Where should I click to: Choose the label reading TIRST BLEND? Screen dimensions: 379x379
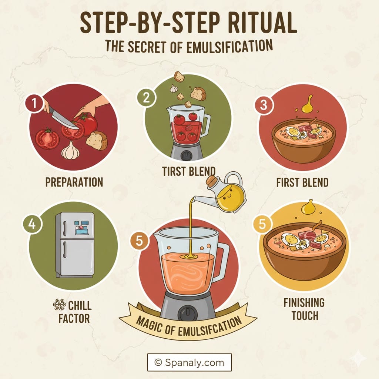click(x=189, y=171)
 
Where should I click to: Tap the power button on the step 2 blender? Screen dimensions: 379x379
click(x=187, y=156)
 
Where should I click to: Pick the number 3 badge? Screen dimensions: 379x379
click(x=264, y=105)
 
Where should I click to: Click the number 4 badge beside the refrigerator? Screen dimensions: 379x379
click(x=33, y=225)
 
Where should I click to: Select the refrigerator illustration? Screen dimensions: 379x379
click(x=75, y=244)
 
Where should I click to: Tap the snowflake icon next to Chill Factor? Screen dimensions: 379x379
click(x=59, y=305)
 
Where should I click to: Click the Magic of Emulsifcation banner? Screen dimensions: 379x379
click(x=188, y=321)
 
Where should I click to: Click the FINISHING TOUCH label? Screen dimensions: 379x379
click(x=304, y=309)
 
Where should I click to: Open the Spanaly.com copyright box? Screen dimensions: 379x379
click(x=189, y=362)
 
